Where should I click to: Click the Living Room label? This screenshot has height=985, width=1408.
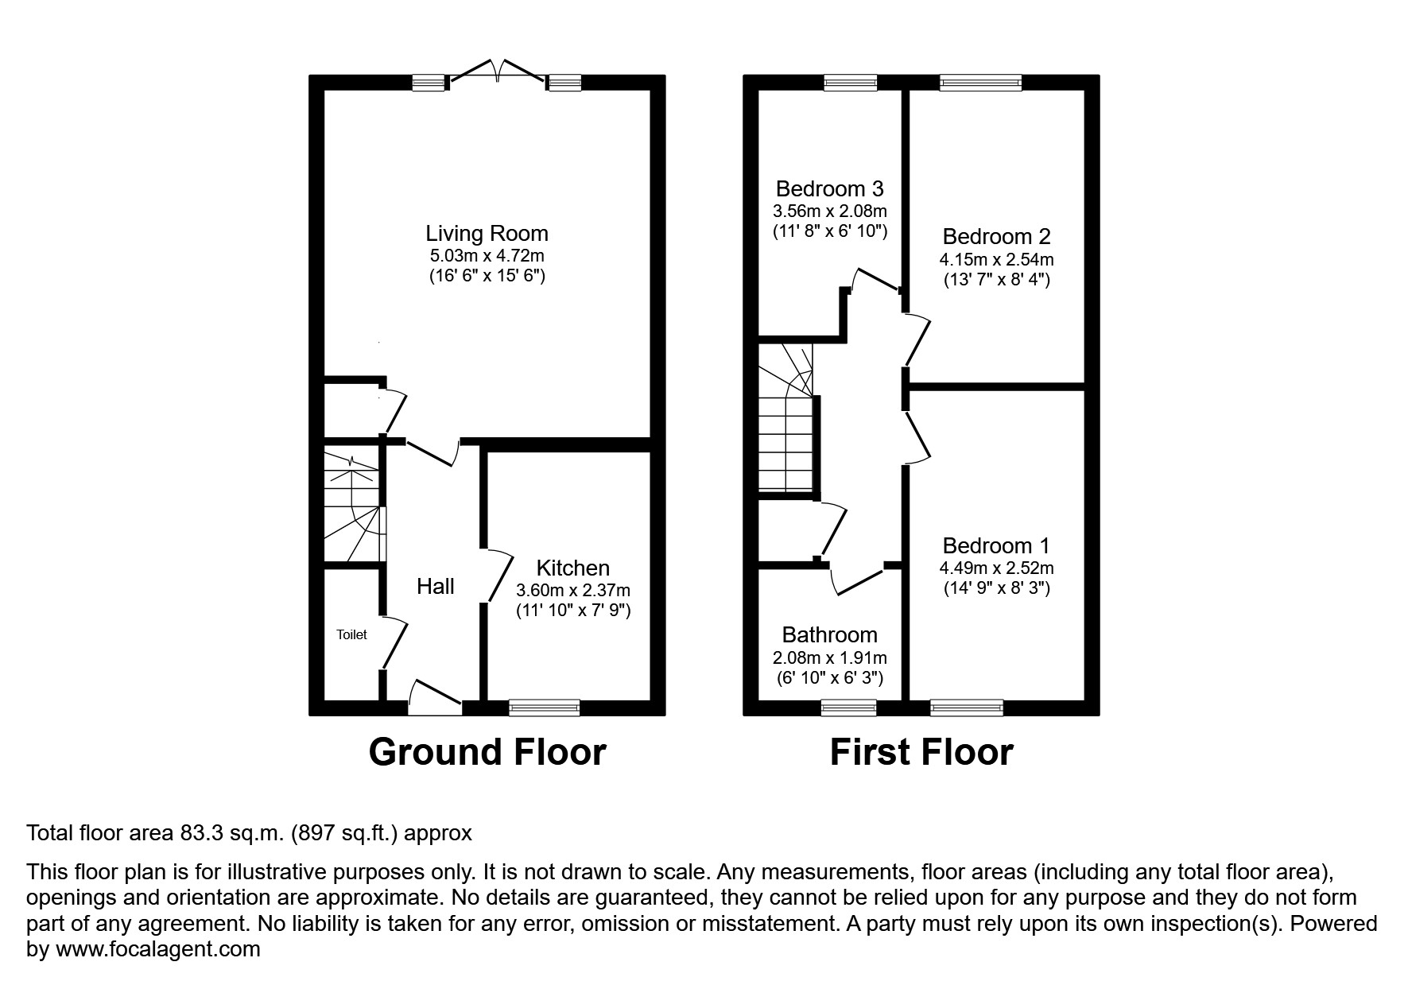point(487,234)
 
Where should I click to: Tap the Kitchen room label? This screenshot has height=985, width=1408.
point(573,568)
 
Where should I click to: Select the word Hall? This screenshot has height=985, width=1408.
point(436,587)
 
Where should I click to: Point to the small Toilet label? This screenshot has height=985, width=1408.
point(351,634)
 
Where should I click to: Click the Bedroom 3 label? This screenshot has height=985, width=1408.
point(829,189)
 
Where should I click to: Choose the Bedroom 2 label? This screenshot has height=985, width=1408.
point(996,237)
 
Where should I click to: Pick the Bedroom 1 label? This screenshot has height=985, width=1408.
point(996,546)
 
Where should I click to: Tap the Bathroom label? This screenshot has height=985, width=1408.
point(830,635)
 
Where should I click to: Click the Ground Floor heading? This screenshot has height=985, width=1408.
point(487,752)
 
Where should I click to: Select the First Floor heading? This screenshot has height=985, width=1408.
point(921,752)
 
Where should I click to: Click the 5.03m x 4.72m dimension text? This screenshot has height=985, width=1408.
point(487,256)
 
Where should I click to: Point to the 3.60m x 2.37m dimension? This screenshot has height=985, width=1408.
point(573,591)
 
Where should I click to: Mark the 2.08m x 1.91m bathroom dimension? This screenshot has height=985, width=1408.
point(830,658)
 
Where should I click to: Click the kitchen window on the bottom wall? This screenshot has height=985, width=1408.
point(544,708)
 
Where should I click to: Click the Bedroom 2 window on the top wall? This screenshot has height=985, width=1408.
point(980,82)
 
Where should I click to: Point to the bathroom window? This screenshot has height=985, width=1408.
point(848,708)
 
